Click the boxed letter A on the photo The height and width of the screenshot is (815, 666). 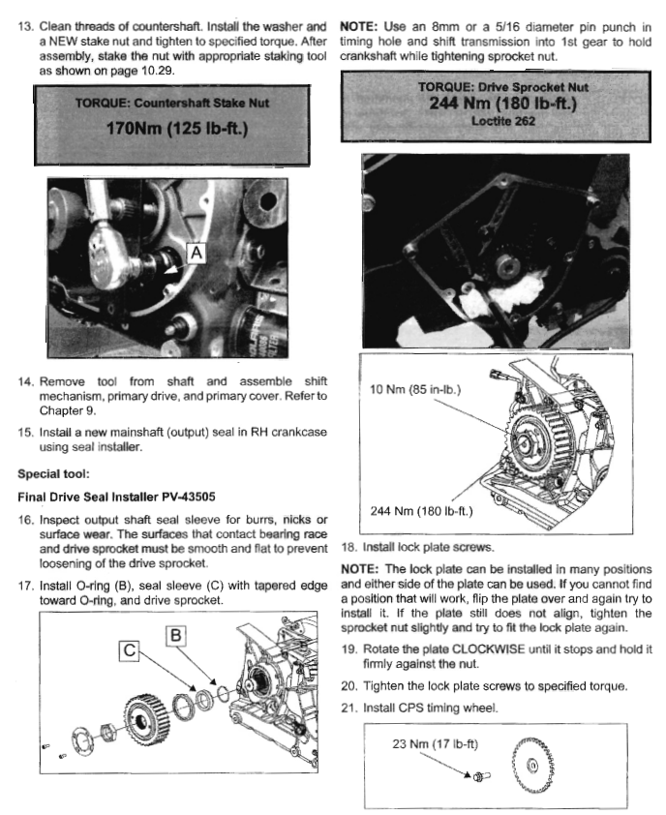pos(194,253)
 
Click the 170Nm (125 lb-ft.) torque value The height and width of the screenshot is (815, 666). pos(170,128)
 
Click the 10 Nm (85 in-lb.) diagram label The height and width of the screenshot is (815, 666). pos(418,391)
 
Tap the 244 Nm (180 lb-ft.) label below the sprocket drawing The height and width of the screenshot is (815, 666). pos(422,510)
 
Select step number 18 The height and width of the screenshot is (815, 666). pos(350,546)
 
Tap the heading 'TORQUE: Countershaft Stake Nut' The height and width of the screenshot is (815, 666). pos(170,100)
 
